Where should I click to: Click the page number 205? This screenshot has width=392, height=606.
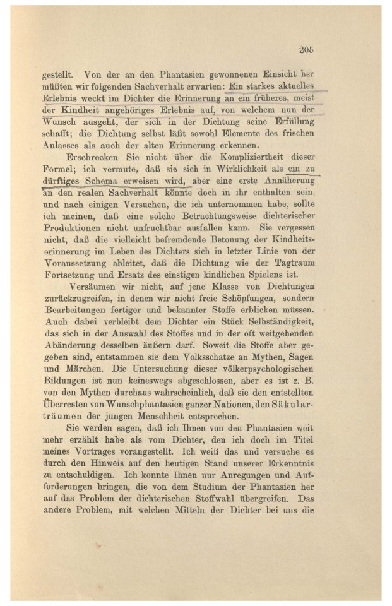click(307, 50)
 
